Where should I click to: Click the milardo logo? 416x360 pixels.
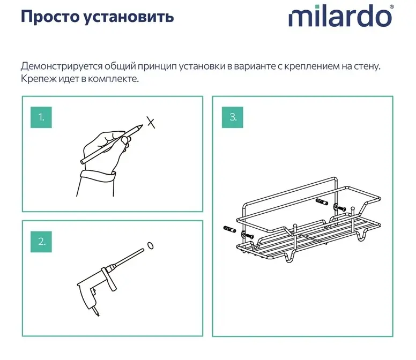(x=340, y=16)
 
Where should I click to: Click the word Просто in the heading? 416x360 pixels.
(x=50, y=17)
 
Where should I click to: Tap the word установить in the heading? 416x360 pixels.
(x=129, y=17)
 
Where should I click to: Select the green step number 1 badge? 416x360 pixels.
(x=41, y=117)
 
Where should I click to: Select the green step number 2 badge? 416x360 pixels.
(x=41, y=242)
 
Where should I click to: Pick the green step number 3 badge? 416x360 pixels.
(x=233, y=117)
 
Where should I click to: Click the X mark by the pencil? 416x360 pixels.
(x=151, y=122)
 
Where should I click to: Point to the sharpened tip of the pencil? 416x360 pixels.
(x=143, y=125)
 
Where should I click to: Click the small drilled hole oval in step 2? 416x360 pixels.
(x=150, y=245)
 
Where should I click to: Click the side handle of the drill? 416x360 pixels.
(x=109, y=279)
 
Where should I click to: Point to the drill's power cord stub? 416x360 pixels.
(x=96, y=312)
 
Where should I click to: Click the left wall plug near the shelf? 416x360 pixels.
(x=230, y=229)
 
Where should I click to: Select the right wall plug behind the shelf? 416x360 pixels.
(x=322, y=202)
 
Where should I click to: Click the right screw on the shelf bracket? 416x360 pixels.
(x=342, y=208)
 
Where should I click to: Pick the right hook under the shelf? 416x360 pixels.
(x=362, y=235)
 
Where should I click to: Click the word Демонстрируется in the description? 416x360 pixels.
(x=61, y=66)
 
